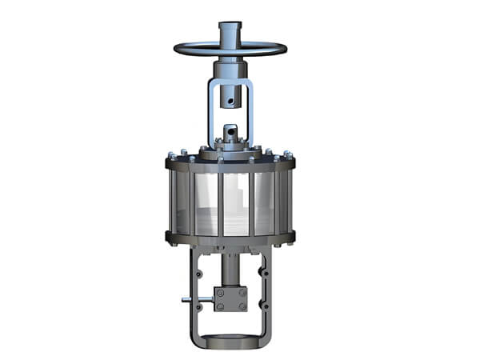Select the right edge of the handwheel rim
(286, 48)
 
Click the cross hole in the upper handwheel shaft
(233, 101)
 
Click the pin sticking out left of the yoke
(186, 302)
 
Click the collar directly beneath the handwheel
(232, 67)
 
